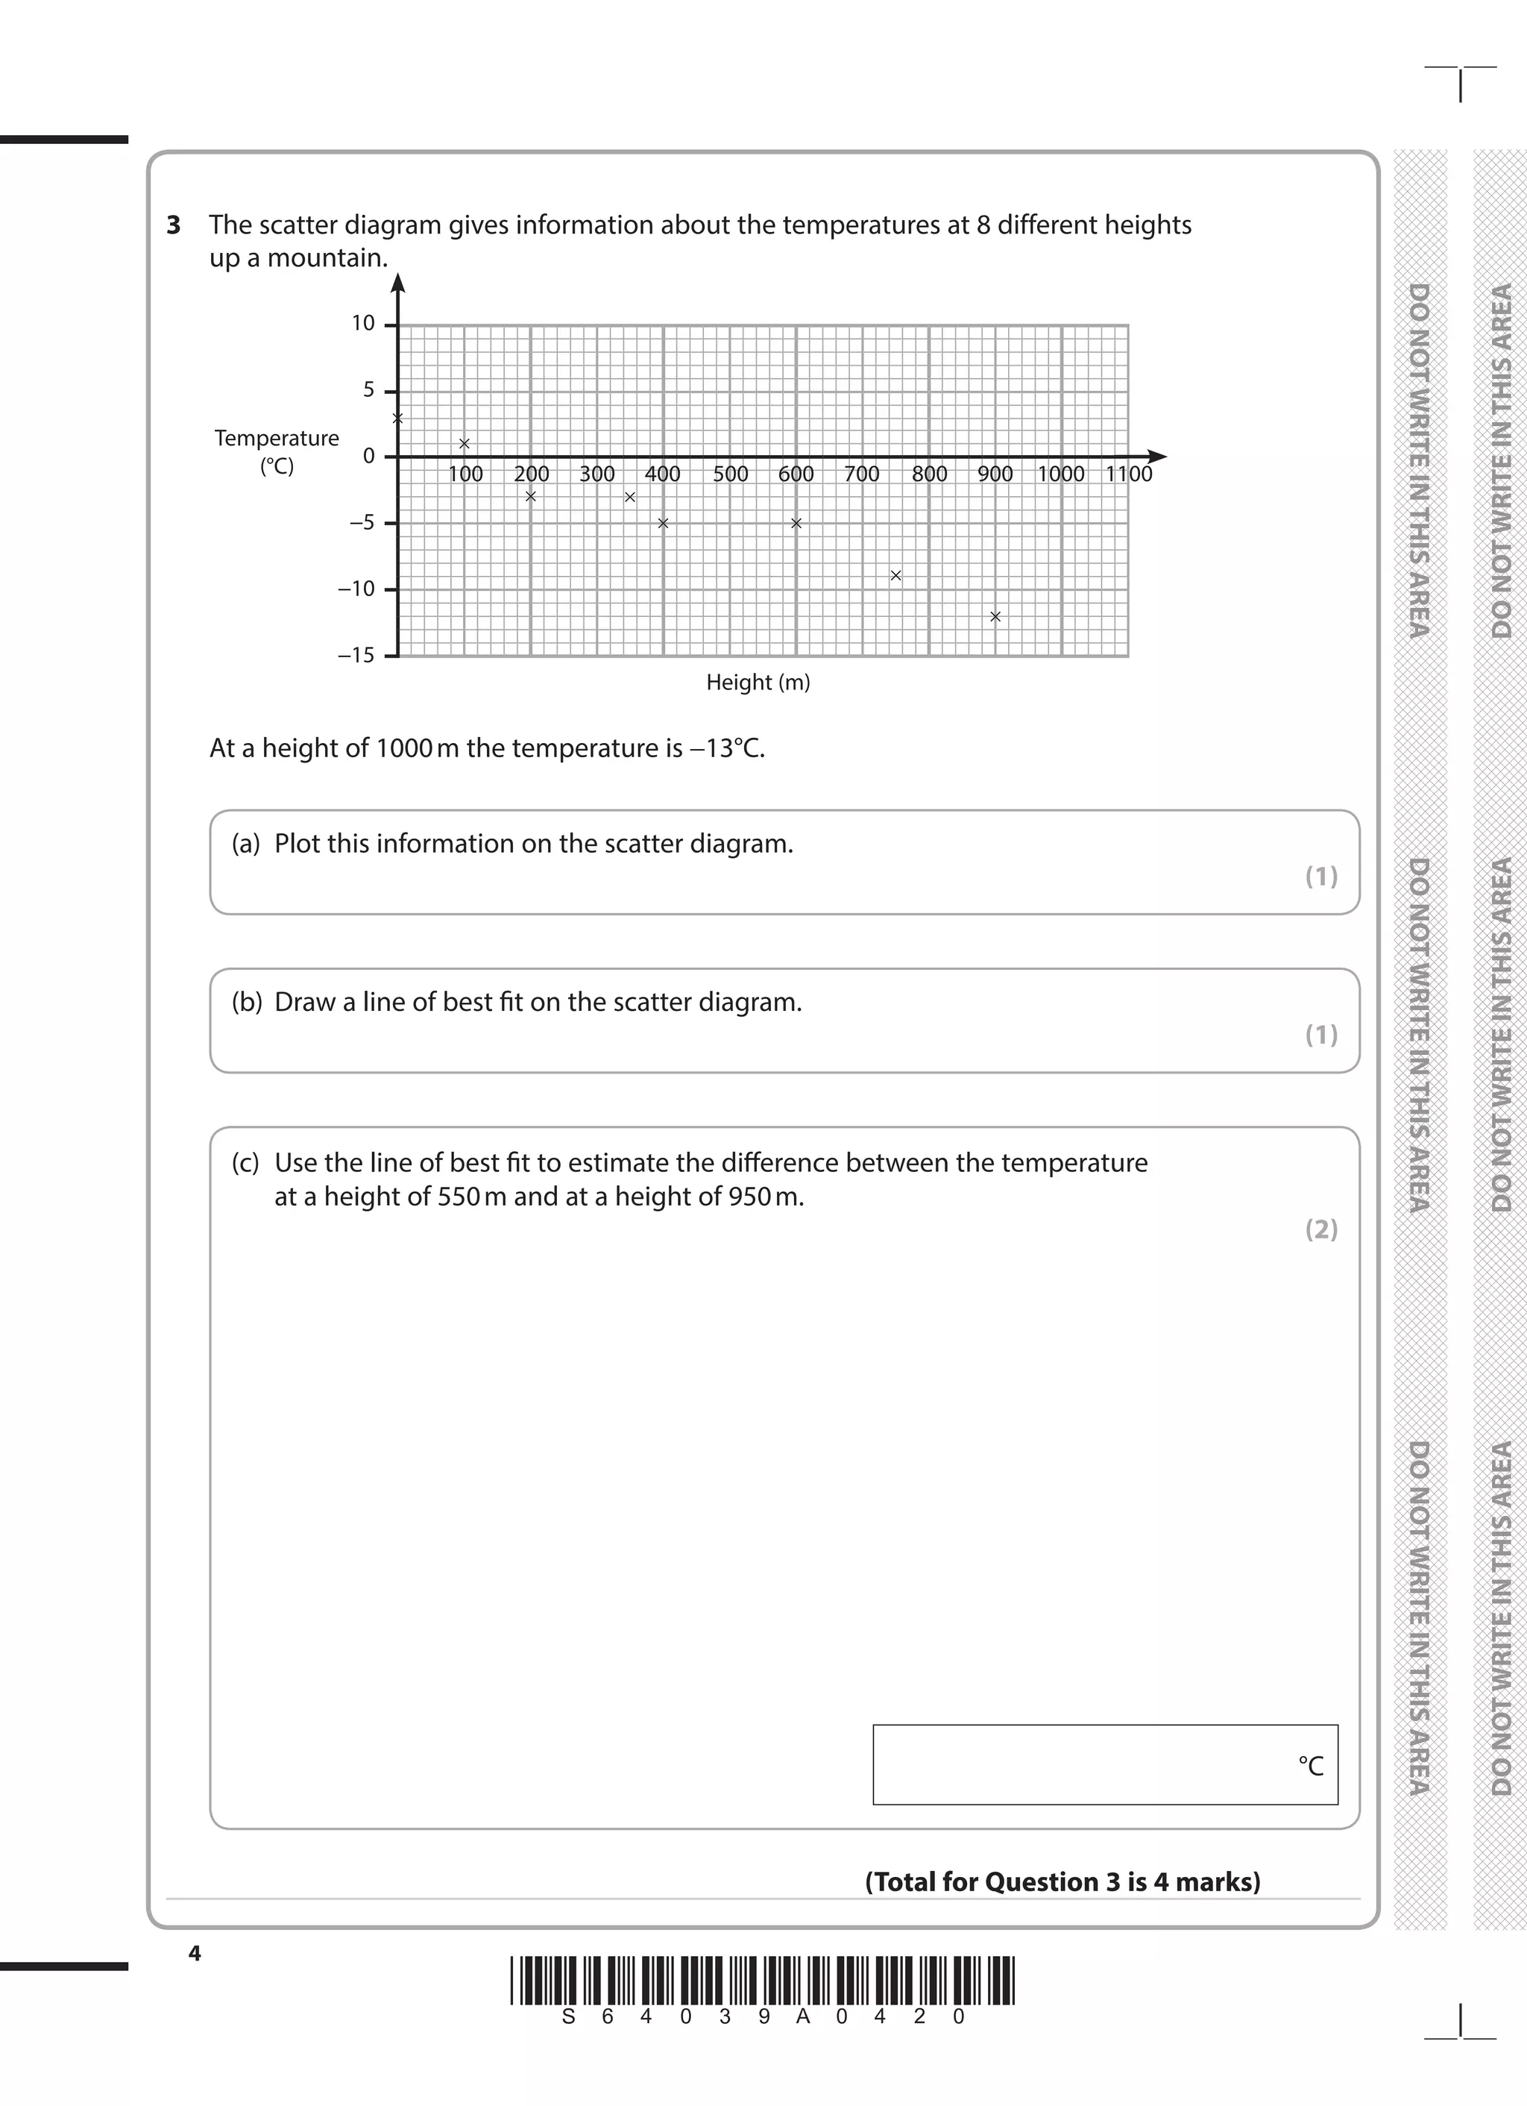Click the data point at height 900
(995, 616)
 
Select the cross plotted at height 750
(895, 576)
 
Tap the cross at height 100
(464, 444)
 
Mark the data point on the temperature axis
(398, 418)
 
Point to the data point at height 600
(796, 524)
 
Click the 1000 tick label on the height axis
(1060, 474)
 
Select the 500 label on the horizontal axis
(731, 474)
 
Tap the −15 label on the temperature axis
(356, 656)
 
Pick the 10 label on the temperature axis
(363, 324)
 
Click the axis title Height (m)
(758, 683)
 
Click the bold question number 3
(174, 225)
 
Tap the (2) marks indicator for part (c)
(1321, 1229)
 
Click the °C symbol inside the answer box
(1310, 1766)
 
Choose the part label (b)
(247, 1003)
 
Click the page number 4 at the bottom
(194, 1953)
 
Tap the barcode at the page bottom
(762, 1980)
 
